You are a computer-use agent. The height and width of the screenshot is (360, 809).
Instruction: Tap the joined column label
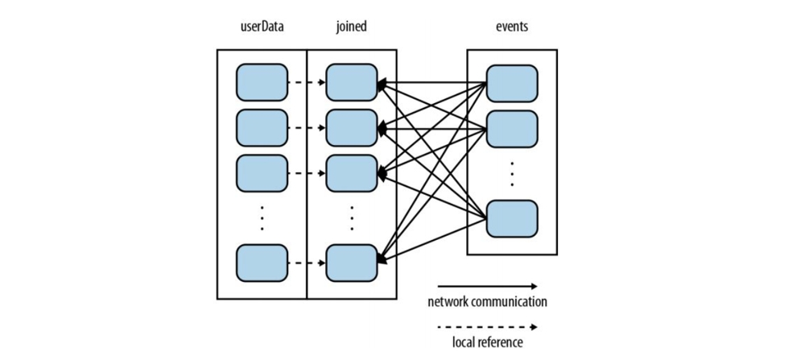(351, 27)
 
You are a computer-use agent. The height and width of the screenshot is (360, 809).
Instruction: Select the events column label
(512, 27)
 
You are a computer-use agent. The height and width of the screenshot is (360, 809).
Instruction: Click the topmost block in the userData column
(262, 82)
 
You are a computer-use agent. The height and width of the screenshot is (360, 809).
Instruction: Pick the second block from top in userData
(262, 127)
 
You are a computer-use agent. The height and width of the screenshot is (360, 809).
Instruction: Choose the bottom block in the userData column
(262, 263)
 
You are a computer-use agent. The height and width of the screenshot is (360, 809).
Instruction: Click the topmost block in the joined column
(351, 82)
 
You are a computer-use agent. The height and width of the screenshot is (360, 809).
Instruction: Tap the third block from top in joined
(351, 173)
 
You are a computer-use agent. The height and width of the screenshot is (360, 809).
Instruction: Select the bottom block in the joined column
(351, 263)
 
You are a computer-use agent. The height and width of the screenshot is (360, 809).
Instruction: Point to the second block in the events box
(512, 128)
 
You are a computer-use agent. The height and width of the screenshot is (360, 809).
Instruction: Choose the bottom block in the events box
(512, 218)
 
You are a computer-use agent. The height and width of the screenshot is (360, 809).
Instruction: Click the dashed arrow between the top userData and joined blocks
(307, 82)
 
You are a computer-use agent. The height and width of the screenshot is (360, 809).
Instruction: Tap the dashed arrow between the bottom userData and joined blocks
(307, 263)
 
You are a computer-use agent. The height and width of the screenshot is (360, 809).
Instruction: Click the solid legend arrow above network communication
(487, 286)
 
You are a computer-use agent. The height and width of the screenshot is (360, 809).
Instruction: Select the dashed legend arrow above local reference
(487, 327)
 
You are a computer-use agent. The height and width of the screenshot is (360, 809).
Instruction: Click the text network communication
(487, 302)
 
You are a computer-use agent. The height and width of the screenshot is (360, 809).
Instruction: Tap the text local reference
(487, 343)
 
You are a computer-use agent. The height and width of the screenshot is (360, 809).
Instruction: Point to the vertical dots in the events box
(512, 173)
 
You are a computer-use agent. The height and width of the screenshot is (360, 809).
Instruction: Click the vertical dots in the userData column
(262, 218)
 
